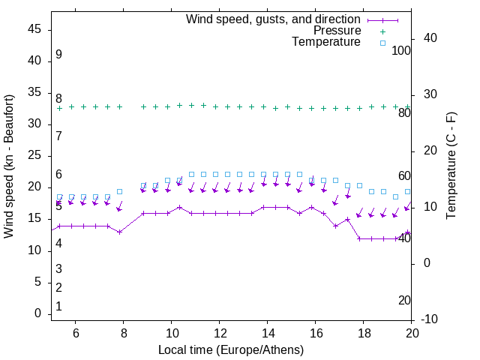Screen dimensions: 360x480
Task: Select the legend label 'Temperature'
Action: tap(326, 43)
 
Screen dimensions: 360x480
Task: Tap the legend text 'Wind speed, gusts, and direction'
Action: tap(273, 19)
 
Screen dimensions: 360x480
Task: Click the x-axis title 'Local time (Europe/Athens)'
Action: tap(231, 349)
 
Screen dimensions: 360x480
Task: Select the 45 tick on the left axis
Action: tap(34, 29)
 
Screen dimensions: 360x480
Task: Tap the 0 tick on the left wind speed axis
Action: tap(37, 313)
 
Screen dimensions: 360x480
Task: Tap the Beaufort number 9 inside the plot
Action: tap(58, 55)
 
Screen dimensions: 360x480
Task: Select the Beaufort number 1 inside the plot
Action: tap(58, 307)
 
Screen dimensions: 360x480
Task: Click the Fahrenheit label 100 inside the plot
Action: tap(402, 50)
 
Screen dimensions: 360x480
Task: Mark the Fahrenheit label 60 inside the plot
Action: tap(405, 175)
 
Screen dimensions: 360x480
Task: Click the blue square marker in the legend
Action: tap(382, 43)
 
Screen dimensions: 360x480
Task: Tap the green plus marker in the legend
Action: tap(382, 31)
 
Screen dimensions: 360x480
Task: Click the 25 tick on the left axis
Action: tap(34, 155)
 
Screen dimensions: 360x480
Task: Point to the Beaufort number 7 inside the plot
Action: tap(58, 136)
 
